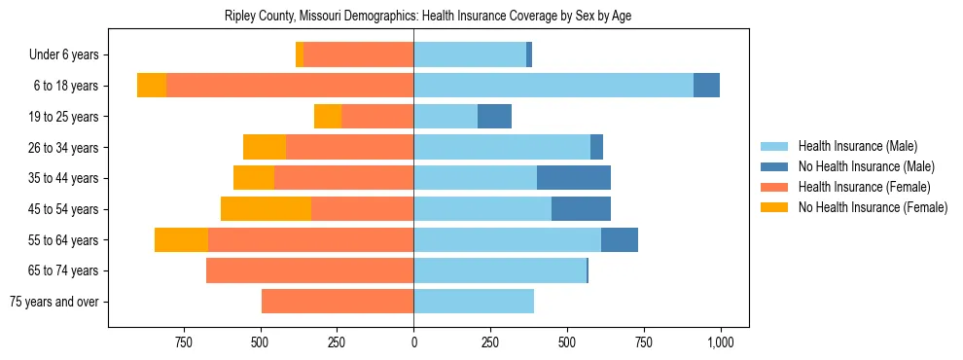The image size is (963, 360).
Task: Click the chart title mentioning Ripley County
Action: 428,17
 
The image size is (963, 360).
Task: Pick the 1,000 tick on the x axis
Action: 720,342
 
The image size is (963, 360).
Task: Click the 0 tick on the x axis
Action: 413,342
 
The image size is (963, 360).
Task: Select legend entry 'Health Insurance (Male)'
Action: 857,146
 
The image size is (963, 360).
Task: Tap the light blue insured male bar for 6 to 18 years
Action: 553,86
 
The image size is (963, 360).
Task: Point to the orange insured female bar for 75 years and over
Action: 338,302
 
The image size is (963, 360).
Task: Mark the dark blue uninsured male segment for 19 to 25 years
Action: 494,117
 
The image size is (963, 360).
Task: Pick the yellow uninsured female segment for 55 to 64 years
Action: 181,239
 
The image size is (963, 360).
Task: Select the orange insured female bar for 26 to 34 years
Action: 349,147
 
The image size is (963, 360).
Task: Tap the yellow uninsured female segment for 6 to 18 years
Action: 152,86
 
